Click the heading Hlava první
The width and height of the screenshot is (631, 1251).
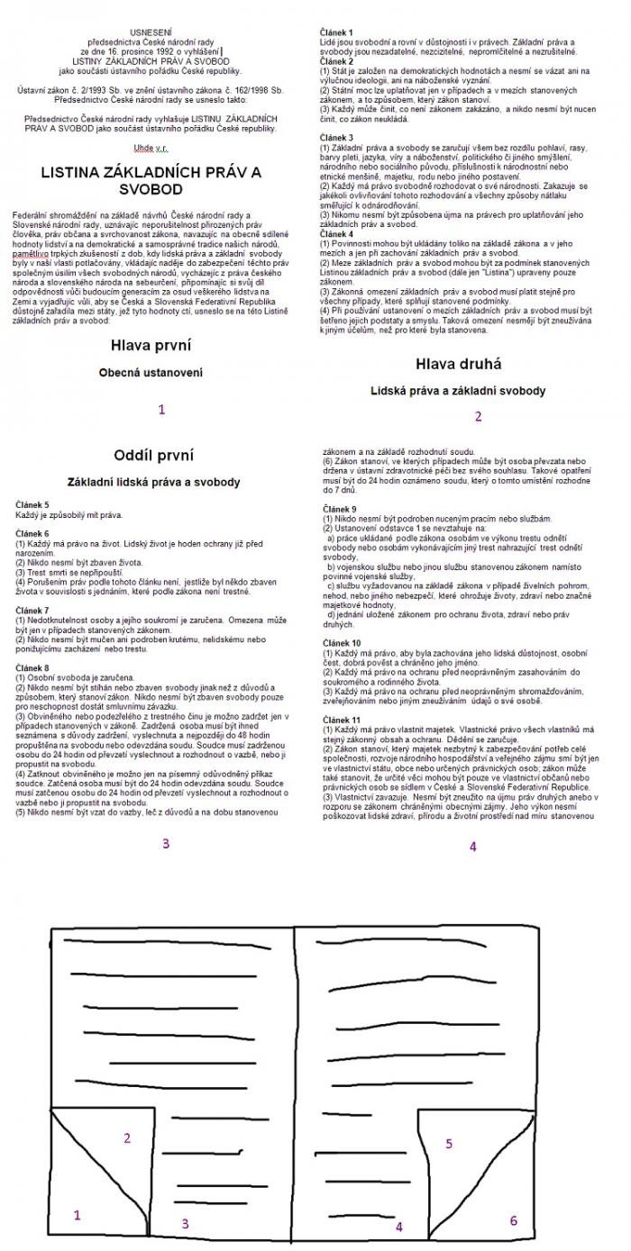151,345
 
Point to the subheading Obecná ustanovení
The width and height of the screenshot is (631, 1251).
151,372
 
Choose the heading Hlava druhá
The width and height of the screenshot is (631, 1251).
459,364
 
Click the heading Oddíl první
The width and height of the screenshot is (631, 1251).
153,455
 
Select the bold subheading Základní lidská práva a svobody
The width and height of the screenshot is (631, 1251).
153,483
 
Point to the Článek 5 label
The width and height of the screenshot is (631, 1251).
32,506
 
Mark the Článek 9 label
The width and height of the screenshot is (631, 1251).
339,509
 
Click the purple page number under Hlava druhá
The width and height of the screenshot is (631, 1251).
478,416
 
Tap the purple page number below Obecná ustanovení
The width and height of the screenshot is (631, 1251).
161,409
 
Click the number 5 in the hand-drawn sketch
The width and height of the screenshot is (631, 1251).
448,1143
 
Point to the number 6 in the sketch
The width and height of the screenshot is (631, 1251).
514,1220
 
